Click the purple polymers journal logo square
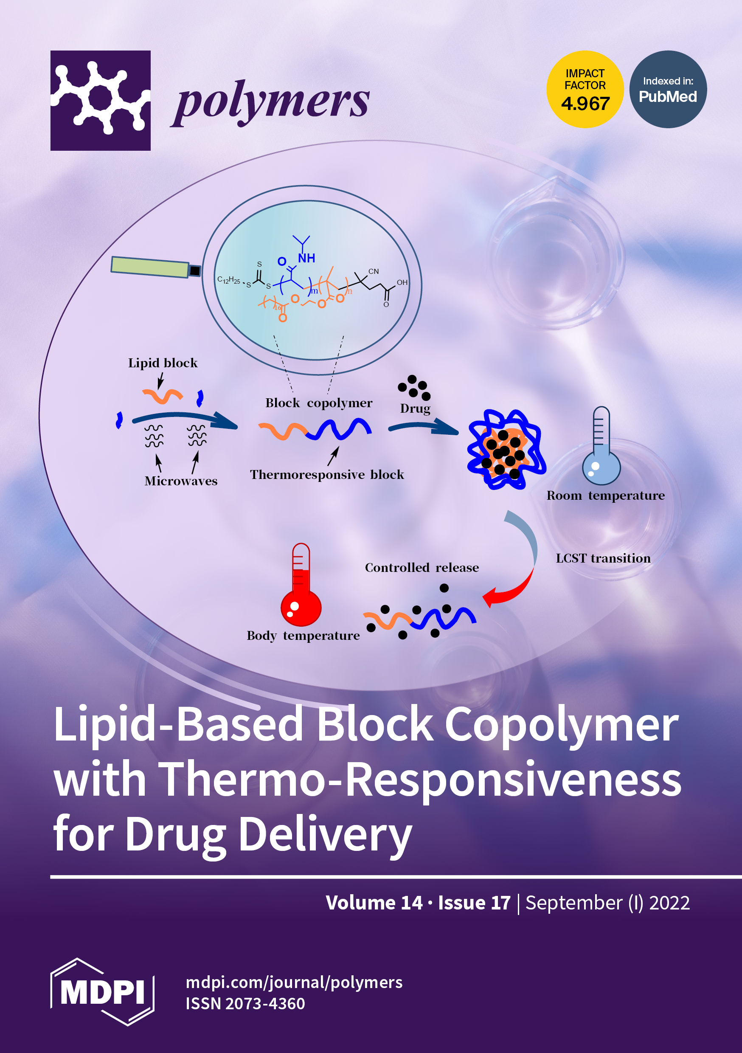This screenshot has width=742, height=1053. click(x=101, y=101)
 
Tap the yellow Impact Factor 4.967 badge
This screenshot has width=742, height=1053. click(x=585, y=90)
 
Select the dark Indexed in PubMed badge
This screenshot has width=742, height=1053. click(x=668, y=90)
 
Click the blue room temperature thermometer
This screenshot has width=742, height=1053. click(x=601, y=447)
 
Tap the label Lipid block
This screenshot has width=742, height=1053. click(x=163, y=363)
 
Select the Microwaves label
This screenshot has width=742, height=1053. click(x=181, y=481)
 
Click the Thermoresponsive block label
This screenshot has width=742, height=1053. click(x=326, y=475)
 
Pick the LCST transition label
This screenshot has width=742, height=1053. click(x=603, y=559)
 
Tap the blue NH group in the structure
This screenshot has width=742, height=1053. click(x=306, y=259)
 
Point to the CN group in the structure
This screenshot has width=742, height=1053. click(x=373, y=271)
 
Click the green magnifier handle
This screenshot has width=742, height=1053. click(x=150, y=267)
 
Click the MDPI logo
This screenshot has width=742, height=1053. click(x=102, y=992)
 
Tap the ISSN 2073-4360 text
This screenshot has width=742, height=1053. click(x=245, y=1004)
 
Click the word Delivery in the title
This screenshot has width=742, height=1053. click(x=325, y=835)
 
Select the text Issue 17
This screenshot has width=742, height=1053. click(x=474, y=903)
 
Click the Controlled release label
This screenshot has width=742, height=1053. click(x=422, y=568)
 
